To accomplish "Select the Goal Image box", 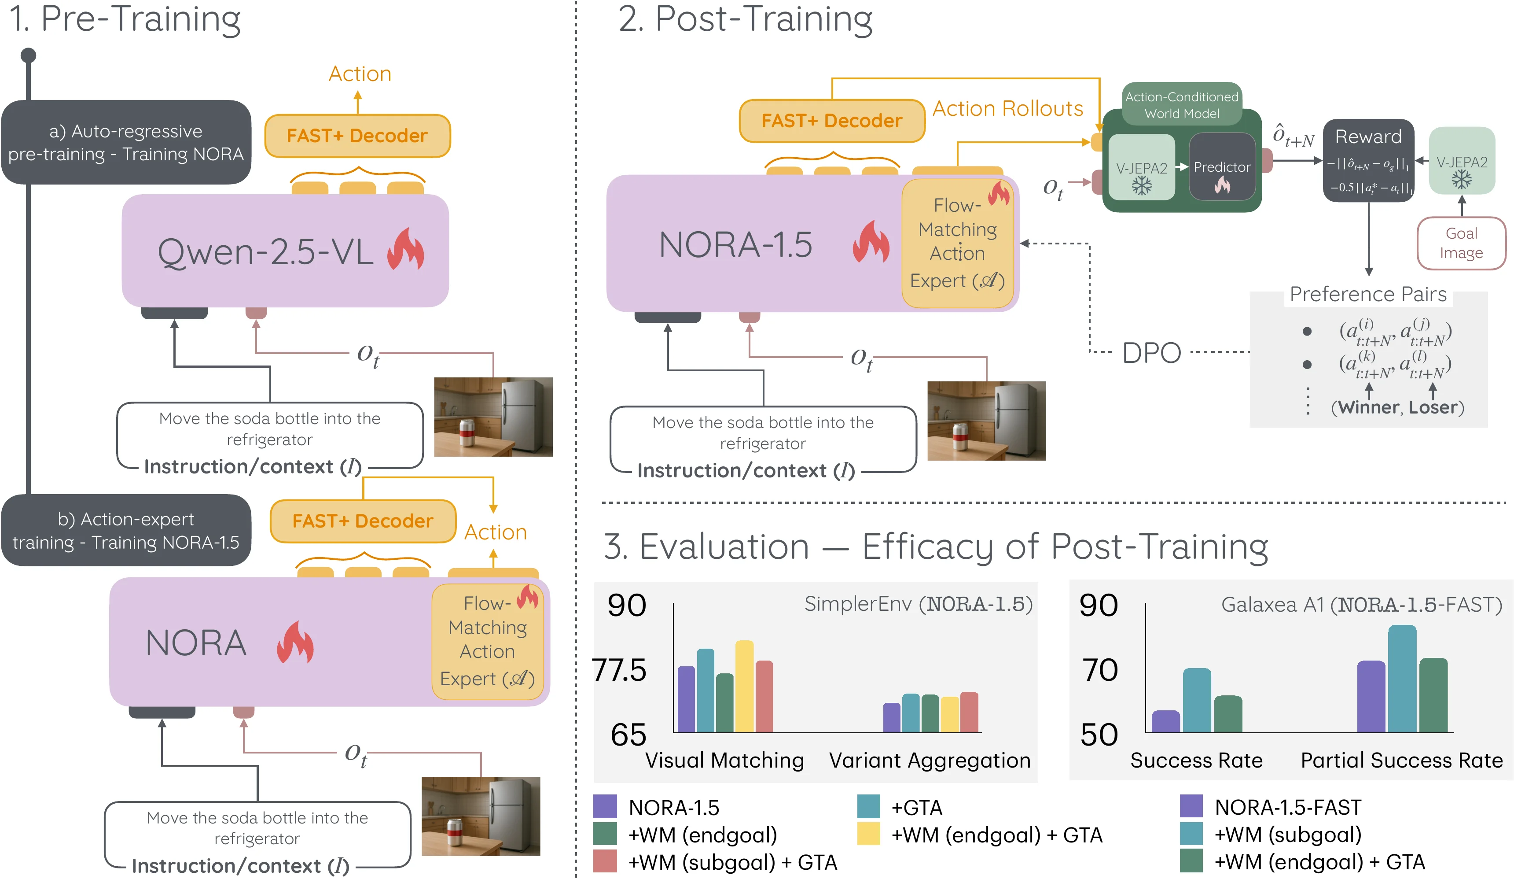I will (1461, 243).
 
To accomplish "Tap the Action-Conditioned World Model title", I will (1181, 105).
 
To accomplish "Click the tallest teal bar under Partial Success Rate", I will (1402, 678).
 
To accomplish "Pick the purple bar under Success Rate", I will (1165, 721).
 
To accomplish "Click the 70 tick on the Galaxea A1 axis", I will (1099, 670).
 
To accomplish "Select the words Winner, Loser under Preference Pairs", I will (1397, 408).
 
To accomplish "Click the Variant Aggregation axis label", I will (930, 760).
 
